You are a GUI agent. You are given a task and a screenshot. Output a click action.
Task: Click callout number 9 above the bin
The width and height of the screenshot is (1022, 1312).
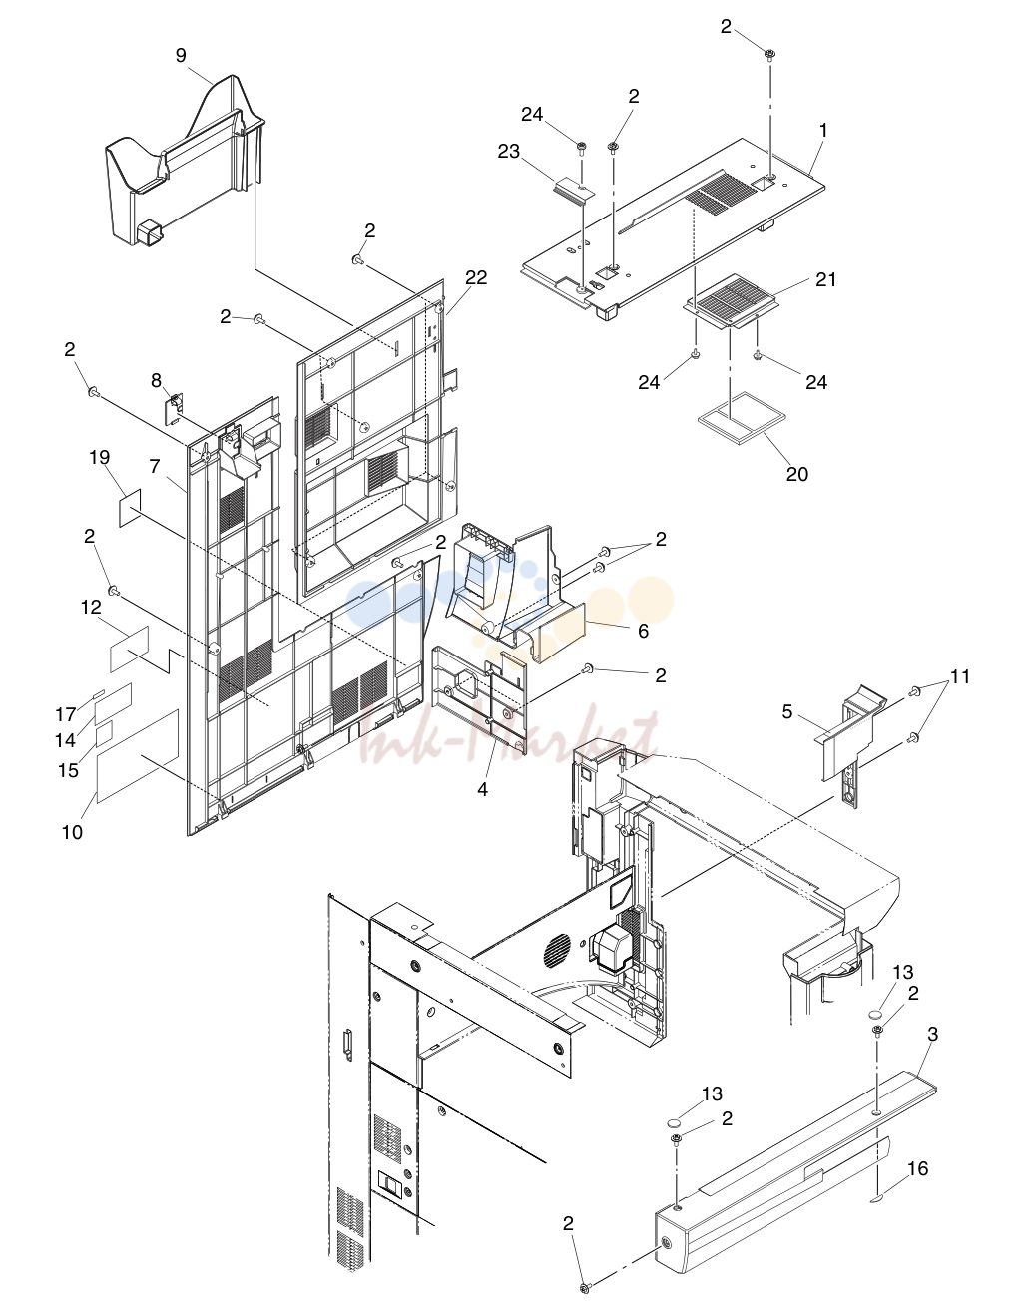pyautogui.click(x=181, y=56)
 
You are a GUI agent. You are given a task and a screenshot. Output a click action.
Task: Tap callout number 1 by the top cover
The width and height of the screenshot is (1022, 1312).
pyautogui.click(x=822, y=131)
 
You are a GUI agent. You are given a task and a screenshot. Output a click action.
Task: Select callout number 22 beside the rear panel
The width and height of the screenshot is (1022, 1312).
pyautogui.click(x=476, y=277)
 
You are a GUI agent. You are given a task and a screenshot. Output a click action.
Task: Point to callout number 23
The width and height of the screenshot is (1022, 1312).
pyautogui.click(x=509, y=151)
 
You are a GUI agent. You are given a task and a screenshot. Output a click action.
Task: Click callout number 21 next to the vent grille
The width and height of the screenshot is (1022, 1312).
pyautogui.click(x=825, y=279)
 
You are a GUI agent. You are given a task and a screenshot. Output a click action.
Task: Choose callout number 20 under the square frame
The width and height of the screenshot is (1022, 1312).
pyautogui.click(x=796, y=474)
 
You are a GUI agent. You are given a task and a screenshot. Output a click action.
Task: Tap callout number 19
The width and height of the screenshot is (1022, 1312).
pyautogui.click(x=100, y=458)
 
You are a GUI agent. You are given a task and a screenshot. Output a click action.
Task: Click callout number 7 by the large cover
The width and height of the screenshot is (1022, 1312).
pyautogui.click(x=155, y=466)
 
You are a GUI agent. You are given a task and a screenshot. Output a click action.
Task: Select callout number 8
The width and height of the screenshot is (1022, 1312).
pyautogui.click(x=156, y=380)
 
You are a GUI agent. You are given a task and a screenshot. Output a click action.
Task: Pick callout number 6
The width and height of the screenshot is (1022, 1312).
pyautogui.click(x=644, y=631)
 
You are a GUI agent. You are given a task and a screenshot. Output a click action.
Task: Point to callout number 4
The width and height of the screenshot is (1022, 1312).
pyautogui.click(x=482, y=789)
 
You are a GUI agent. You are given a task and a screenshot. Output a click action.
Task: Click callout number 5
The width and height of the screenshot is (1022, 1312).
pyautogui.click(x=787, y=711)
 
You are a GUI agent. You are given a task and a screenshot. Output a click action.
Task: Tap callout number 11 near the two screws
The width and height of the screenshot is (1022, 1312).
pyautogui.click(x=960, y=676)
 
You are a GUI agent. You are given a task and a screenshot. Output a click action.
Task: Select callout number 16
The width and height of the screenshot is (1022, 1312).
pyautogui.click(x=917, y=1169)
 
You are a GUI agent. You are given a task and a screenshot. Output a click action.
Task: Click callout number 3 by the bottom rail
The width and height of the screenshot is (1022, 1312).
pyautogui.click(x=932, y=1035)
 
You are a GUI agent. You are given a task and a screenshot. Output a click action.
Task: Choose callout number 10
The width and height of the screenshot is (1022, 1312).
pyautogui.click(x=72, y=832)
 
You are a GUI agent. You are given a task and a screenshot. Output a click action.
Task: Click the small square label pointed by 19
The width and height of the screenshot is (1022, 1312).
pyautogui.click(x=130, y=508)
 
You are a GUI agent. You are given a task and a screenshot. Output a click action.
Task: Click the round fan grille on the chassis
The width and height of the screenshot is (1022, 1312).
pyautogui.click(x=557, y=949)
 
